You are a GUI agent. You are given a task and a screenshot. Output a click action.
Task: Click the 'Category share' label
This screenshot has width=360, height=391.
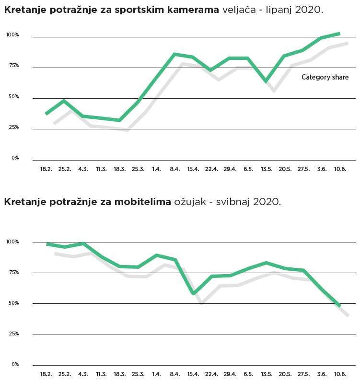coord(325,77)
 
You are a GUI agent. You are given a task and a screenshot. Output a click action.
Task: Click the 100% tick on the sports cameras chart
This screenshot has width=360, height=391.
coord(12,35)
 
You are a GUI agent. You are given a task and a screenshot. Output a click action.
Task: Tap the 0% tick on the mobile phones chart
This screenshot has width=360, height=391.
coord(15,364)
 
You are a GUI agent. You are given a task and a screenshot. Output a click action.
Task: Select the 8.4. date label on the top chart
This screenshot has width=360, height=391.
coord(174,169)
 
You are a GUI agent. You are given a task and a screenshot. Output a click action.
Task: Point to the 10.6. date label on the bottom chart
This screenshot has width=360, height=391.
coord(340,374)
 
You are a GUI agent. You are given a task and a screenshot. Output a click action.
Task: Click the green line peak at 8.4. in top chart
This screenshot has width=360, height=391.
coord(174,54)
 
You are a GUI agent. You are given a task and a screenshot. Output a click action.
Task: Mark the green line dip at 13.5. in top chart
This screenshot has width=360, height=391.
coord(266,81)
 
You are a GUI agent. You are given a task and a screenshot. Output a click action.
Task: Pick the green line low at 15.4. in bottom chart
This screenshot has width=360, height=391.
coord(193,293)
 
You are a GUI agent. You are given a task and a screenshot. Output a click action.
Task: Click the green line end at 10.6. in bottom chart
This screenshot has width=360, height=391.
coord(339,305)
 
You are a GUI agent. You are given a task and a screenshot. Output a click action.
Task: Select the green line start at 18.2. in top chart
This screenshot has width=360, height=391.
coord(46,114)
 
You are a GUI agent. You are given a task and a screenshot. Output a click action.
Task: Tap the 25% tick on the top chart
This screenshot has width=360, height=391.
coord(12,127)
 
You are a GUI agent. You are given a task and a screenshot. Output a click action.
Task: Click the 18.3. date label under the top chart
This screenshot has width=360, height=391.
coord(119,169)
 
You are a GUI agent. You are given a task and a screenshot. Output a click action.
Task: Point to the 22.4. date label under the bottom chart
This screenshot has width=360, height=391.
coord(211,374)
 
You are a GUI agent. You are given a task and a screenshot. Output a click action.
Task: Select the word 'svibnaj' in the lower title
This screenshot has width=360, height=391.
coord(232,202)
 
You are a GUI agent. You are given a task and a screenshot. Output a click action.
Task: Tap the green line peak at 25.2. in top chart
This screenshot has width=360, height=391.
coord(64,101)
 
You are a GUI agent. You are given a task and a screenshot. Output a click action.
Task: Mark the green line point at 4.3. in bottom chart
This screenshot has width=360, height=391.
coord(83,244)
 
